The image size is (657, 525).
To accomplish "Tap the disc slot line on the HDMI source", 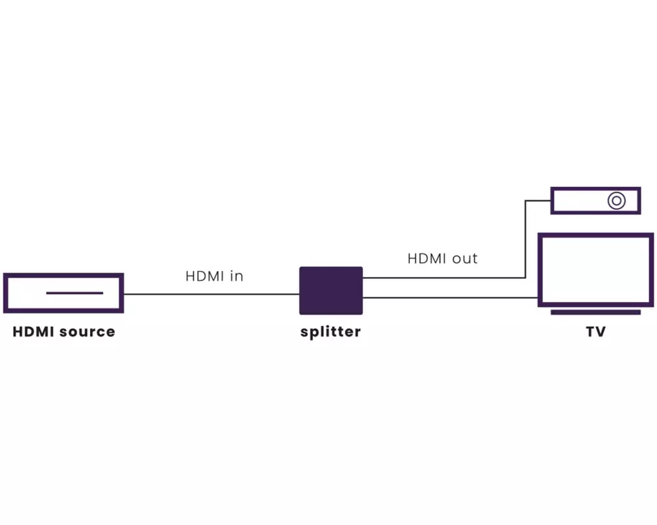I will pyautogui.click(x=74, y=293).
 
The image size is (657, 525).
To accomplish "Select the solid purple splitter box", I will pyautogui.click(x=331, y=291).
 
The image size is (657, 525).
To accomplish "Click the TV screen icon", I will pyautogui.click(x=595, y=269).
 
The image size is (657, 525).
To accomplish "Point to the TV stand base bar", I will pyautogui.click(x=595, y=312).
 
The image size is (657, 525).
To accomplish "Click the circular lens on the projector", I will pyautogui.click(x=616, y=200).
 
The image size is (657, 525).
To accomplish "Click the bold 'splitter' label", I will pyautogui.click(x=330, y=332).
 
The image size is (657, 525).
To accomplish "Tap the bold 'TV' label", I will pyautogui.click(x=595, y=332).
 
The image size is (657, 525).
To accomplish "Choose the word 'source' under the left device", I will pyautogui.click(x=87, y=332).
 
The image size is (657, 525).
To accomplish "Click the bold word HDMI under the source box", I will pyautogui.click(x=34, y=332).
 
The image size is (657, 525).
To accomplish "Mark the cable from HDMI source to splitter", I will pyautogui.click(x=210, y=294).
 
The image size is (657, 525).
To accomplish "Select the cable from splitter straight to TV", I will pyautogui.click(x=450, y=299).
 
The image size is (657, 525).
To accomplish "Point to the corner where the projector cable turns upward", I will pyautogui.click(x=526, y=278).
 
